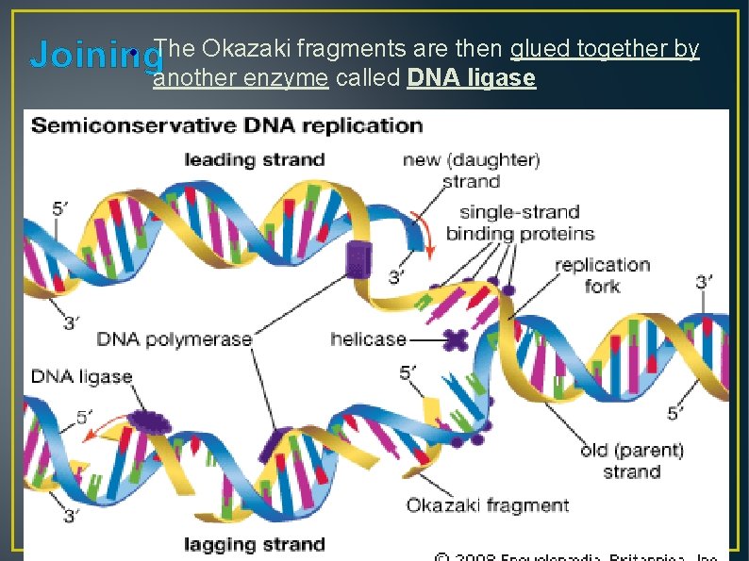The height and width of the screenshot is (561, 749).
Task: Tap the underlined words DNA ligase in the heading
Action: click(x=472, y=78)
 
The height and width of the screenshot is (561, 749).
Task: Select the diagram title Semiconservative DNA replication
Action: click(x=227, y=125)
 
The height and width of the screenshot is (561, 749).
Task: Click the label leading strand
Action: click(x=255, y=160)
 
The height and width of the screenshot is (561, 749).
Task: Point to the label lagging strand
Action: click(x=255, y=544)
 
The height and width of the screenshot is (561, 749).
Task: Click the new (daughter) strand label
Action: click(x=471, y=170)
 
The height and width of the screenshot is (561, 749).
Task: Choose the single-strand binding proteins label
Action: click(x=520, y=223)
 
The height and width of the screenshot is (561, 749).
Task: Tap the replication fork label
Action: click(x=603, y=274)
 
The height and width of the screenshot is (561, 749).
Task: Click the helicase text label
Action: click(x=369, y=338)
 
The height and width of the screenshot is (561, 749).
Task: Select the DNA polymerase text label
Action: click(x=175, y=338)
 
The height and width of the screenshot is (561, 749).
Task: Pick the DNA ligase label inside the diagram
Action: click(x=82, y=376)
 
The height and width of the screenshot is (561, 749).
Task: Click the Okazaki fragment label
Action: click(x=488, y=505)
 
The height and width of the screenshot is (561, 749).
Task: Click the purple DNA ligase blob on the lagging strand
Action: click(x=147, y=421)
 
